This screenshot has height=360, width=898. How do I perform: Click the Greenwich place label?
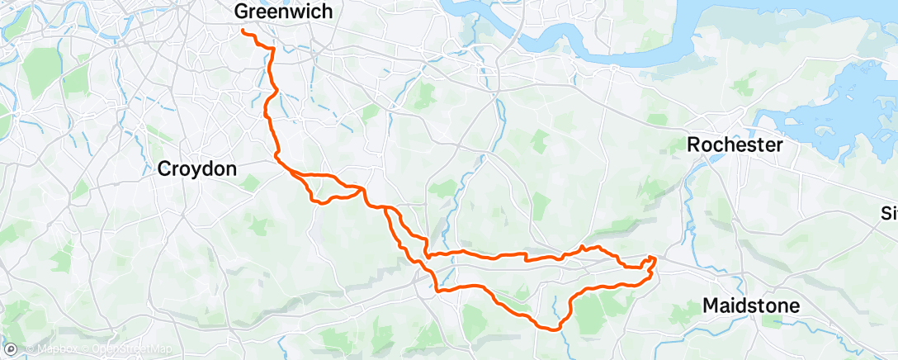coord(284,12)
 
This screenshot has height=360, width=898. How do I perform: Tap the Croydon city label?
coord(197,169)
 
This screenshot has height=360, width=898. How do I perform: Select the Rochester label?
coord(735,144)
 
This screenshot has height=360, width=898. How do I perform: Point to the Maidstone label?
coord(751,306)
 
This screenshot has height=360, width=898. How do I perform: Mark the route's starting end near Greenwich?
coord(243,31)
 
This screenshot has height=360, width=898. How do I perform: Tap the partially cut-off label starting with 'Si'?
coord(890,215)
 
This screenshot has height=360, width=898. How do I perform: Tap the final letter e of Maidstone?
coord(794,306)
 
